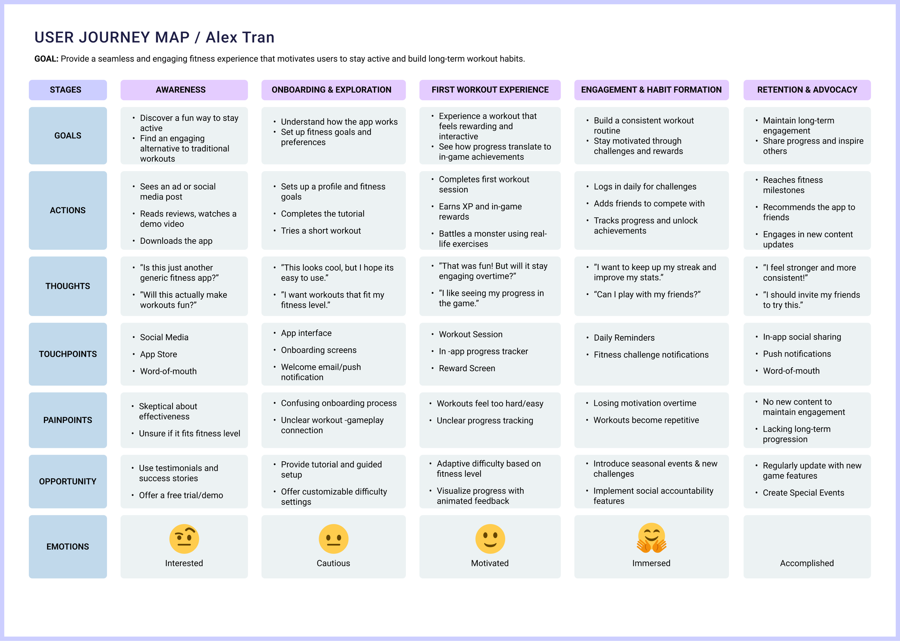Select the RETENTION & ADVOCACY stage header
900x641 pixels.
pyautogui.click(x=807, y=90)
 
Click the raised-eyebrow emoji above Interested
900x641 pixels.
pyautogui.click(x=184, y=539)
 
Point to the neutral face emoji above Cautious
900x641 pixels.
pyautogui.click(x=333, y=539)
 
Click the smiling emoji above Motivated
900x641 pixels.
pyautogui.click(x=490, y=539)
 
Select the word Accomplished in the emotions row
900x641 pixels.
pyautogui.click(x=806, y=563)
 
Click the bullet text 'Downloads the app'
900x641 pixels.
pyautogui.click(x=176, y=241)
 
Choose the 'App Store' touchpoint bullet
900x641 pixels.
pyautogui.click(x=158, y=354)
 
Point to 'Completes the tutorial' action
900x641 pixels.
pyautogui.click(x=322, y=214)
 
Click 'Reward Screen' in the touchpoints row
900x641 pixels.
pyautogui.click(x=467, y=368)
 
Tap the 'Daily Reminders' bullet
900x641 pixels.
pyautogui.click(x=624, y=338)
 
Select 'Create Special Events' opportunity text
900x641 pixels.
pyautogui.click(x=803, y=493)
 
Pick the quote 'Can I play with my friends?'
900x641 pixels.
pyautogui.click(x=647, y=295)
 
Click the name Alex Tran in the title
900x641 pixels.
pyautogui.click(x=240, y=37)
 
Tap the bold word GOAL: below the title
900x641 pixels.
pyautogui.click(x=46, y=59)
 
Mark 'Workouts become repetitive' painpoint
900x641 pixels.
pyautogui.click(x=646, y=420)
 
